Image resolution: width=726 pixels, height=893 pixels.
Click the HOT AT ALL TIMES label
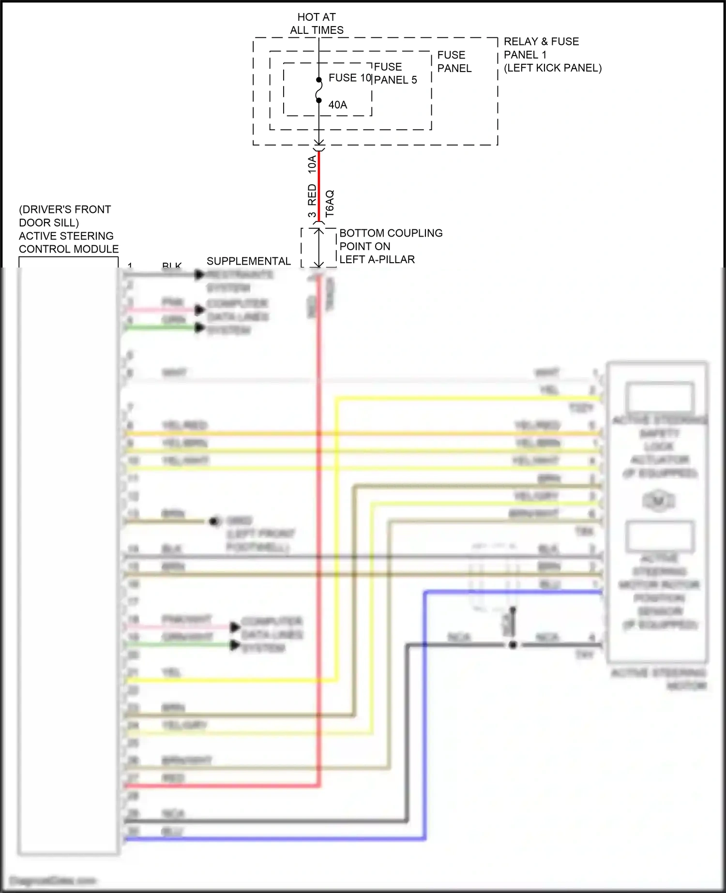pyautogui.click(x=317, y=24)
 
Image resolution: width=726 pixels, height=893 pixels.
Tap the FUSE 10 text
pyautogui.click(x=349, y=78)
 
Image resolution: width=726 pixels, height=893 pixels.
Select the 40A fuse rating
pyautogui.click(x=337, y=105)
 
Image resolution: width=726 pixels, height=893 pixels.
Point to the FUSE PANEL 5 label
pyautogui.click(x=395, y=74)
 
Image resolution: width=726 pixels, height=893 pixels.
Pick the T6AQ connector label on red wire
pyautogui.click(x=330, y=203)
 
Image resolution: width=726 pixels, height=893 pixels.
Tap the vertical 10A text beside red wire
pyautogui.click(x=312, y=164)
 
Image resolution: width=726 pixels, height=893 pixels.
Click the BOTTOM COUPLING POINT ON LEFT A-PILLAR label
pyautogui.click(x=390, y=246)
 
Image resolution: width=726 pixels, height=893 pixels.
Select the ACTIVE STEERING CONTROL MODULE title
pyautogui.click(x=68, y=242)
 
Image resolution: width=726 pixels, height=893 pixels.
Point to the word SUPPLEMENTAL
pyautogui.click(x=248, y=261)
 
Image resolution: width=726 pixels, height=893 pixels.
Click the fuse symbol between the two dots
pyautogui.click(x=318, y=90)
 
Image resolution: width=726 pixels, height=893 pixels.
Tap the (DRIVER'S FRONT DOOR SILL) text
pyautogui.click(x=64, y=216)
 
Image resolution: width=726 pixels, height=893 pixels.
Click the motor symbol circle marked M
pyautogui.click(x=658, y=501)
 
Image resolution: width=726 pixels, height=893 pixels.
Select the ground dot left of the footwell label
pyautogui.click(x=213, y=521)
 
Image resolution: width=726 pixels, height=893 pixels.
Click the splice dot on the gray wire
pyautogui.click(x=513, y=645)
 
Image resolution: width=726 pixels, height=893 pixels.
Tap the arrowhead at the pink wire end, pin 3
pyautogui.click(x=199, y=310)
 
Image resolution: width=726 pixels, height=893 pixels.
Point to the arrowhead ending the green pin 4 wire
pyautogui.click(x=199, y=327)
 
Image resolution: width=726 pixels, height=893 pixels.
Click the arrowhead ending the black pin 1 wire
pyautogui.click(x=199, y=275)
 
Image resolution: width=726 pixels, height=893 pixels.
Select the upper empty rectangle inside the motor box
pyautogui.click(x=659, y=397)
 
